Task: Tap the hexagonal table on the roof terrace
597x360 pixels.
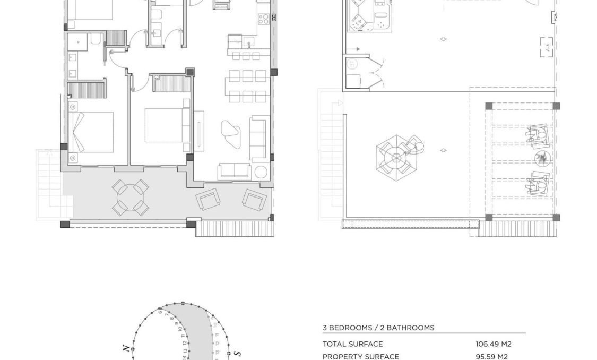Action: (x=395, y=157)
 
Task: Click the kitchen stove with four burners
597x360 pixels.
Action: (x=263, y=19)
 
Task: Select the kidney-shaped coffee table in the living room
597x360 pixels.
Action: (x=230, y=133)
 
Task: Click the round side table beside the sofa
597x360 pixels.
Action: (x=261, y=172)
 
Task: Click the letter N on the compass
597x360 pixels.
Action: (x=126, y=348)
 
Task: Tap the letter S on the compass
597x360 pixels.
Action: (x=238, y=353)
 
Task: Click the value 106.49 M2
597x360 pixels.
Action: (x=493, y=344)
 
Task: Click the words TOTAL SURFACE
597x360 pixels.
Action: (x=352, y=344)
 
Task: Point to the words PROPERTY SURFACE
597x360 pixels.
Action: (x=361, y=357)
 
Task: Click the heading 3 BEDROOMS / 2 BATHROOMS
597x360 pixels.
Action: (x=378, y=328)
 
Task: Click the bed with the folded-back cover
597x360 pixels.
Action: (x=91, y=131)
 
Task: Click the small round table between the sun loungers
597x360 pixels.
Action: (x=542, y=159)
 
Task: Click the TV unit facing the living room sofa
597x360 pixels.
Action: (x=199, y=131)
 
